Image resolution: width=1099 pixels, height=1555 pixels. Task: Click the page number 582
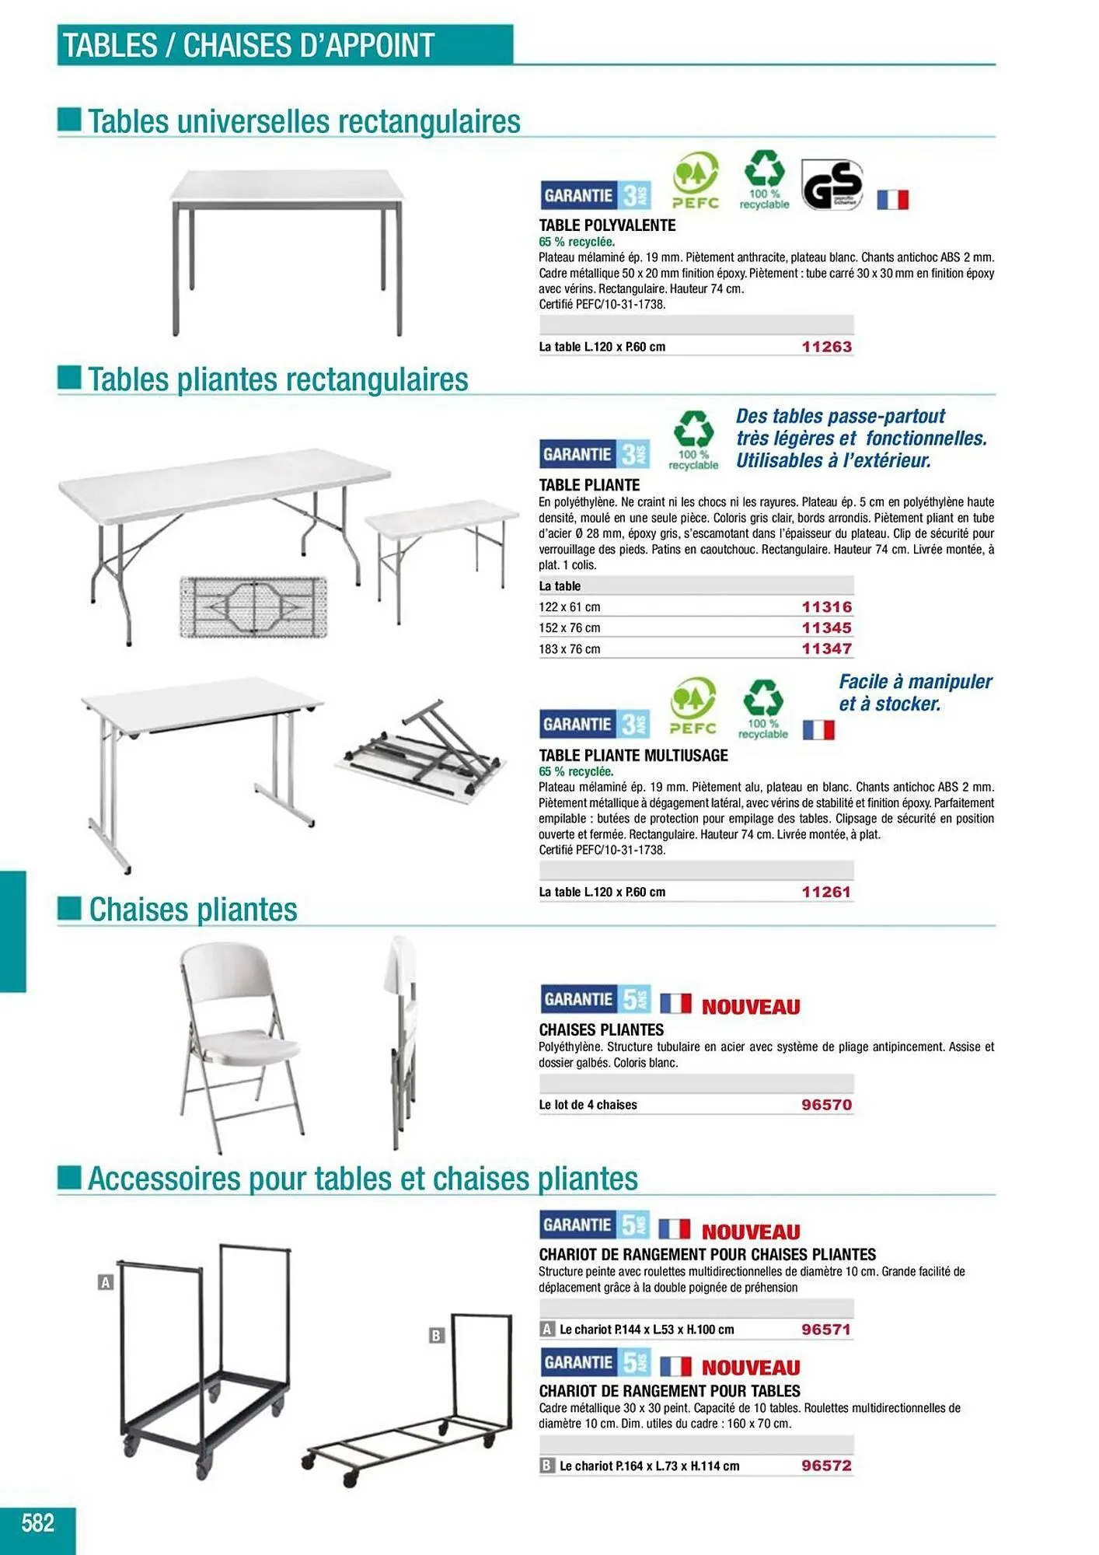(38, 1522)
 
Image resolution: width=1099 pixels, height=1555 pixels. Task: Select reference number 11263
(826, 347)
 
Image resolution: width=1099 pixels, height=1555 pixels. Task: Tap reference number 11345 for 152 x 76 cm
(826, 627)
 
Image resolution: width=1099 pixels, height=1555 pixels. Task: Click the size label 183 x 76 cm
(570, 649)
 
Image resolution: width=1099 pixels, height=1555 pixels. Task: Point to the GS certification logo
(832, 185)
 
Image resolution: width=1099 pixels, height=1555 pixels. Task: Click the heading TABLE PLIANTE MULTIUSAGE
(633, 755)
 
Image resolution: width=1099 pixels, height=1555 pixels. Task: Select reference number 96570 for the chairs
(826, 1105)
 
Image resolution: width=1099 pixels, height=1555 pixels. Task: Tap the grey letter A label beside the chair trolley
(106, 1282)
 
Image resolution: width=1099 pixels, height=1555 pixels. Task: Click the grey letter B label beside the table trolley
(437, 1335)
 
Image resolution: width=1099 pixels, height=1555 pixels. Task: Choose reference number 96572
(826, 1466)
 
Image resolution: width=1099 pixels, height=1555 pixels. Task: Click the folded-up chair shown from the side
(400, 1042)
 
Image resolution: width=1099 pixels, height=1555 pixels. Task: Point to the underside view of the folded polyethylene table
(253, 606)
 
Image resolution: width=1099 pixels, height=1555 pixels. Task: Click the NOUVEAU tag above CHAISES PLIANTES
(751, 1007)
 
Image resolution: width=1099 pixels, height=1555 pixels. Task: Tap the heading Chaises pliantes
(193, 910)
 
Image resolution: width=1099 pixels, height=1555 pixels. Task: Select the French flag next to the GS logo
(892, 200)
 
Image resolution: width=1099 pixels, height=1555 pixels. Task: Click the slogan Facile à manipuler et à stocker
(915, 693)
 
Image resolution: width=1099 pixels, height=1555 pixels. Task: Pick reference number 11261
(826, 892)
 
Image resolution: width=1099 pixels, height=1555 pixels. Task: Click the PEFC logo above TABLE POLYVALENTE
(695, 181)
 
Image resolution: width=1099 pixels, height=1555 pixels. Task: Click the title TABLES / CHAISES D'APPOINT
(249, 45)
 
